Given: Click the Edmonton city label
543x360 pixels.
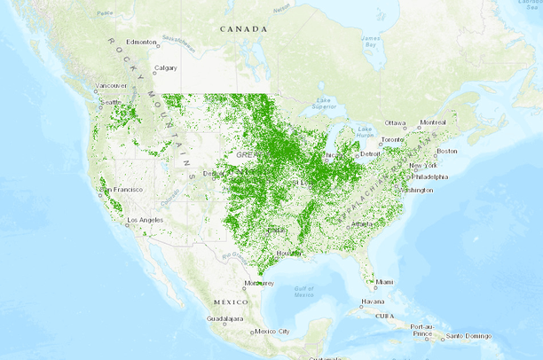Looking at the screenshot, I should [x=141, y=42].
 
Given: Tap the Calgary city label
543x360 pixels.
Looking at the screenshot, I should [x=166, y=68].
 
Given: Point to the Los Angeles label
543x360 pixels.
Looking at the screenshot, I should [x=146, y=220].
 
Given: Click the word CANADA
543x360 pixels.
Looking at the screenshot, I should [x=244, y=28].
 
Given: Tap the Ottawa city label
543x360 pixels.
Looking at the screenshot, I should [x=395, y=122].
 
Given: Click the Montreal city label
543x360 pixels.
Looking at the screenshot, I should [x=433, y=121].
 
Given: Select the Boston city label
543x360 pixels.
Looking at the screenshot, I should [x=446, y=151].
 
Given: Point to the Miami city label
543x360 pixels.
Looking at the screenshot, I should [x=384, y=282].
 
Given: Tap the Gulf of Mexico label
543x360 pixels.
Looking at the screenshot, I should [x=304, y=291].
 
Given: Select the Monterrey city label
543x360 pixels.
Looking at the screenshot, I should [x=258, y=283].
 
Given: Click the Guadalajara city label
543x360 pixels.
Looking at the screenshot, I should [x=226, y=317].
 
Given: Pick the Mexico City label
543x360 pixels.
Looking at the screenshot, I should [x=272, y=332].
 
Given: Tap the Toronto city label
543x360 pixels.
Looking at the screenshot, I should [x=392, y=140].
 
